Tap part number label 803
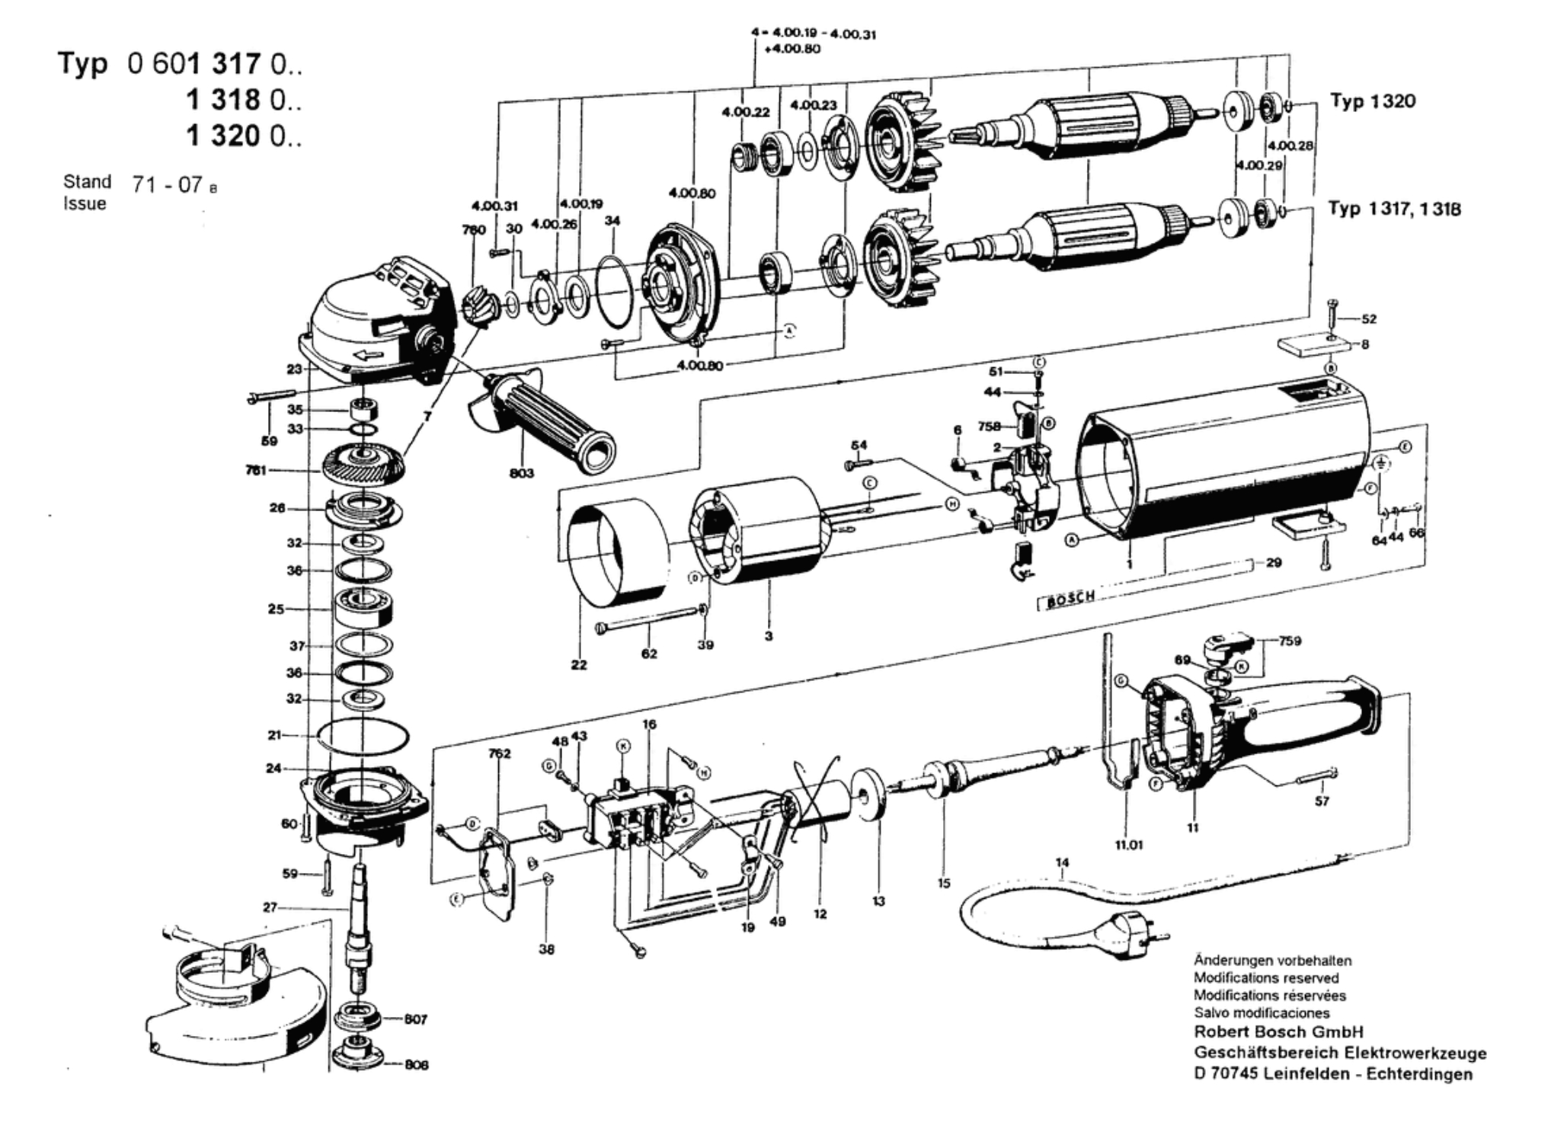coord(522,473)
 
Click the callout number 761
coord(255,470)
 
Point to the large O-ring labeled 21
coord(363,736)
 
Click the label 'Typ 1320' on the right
coord(1372,101)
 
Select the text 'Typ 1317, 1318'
coord(1394,209)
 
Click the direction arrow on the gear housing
coord(378,355)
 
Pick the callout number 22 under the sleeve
coord(579,665)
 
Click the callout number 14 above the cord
coord(1062,862)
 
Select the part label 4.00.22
coord(746,112)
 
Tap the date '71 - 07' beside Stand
coord(167,184)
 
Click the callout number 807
coord(416,1019)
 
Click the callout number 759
coord(1290,641)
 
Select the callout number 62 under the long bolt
coord(649,654)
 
